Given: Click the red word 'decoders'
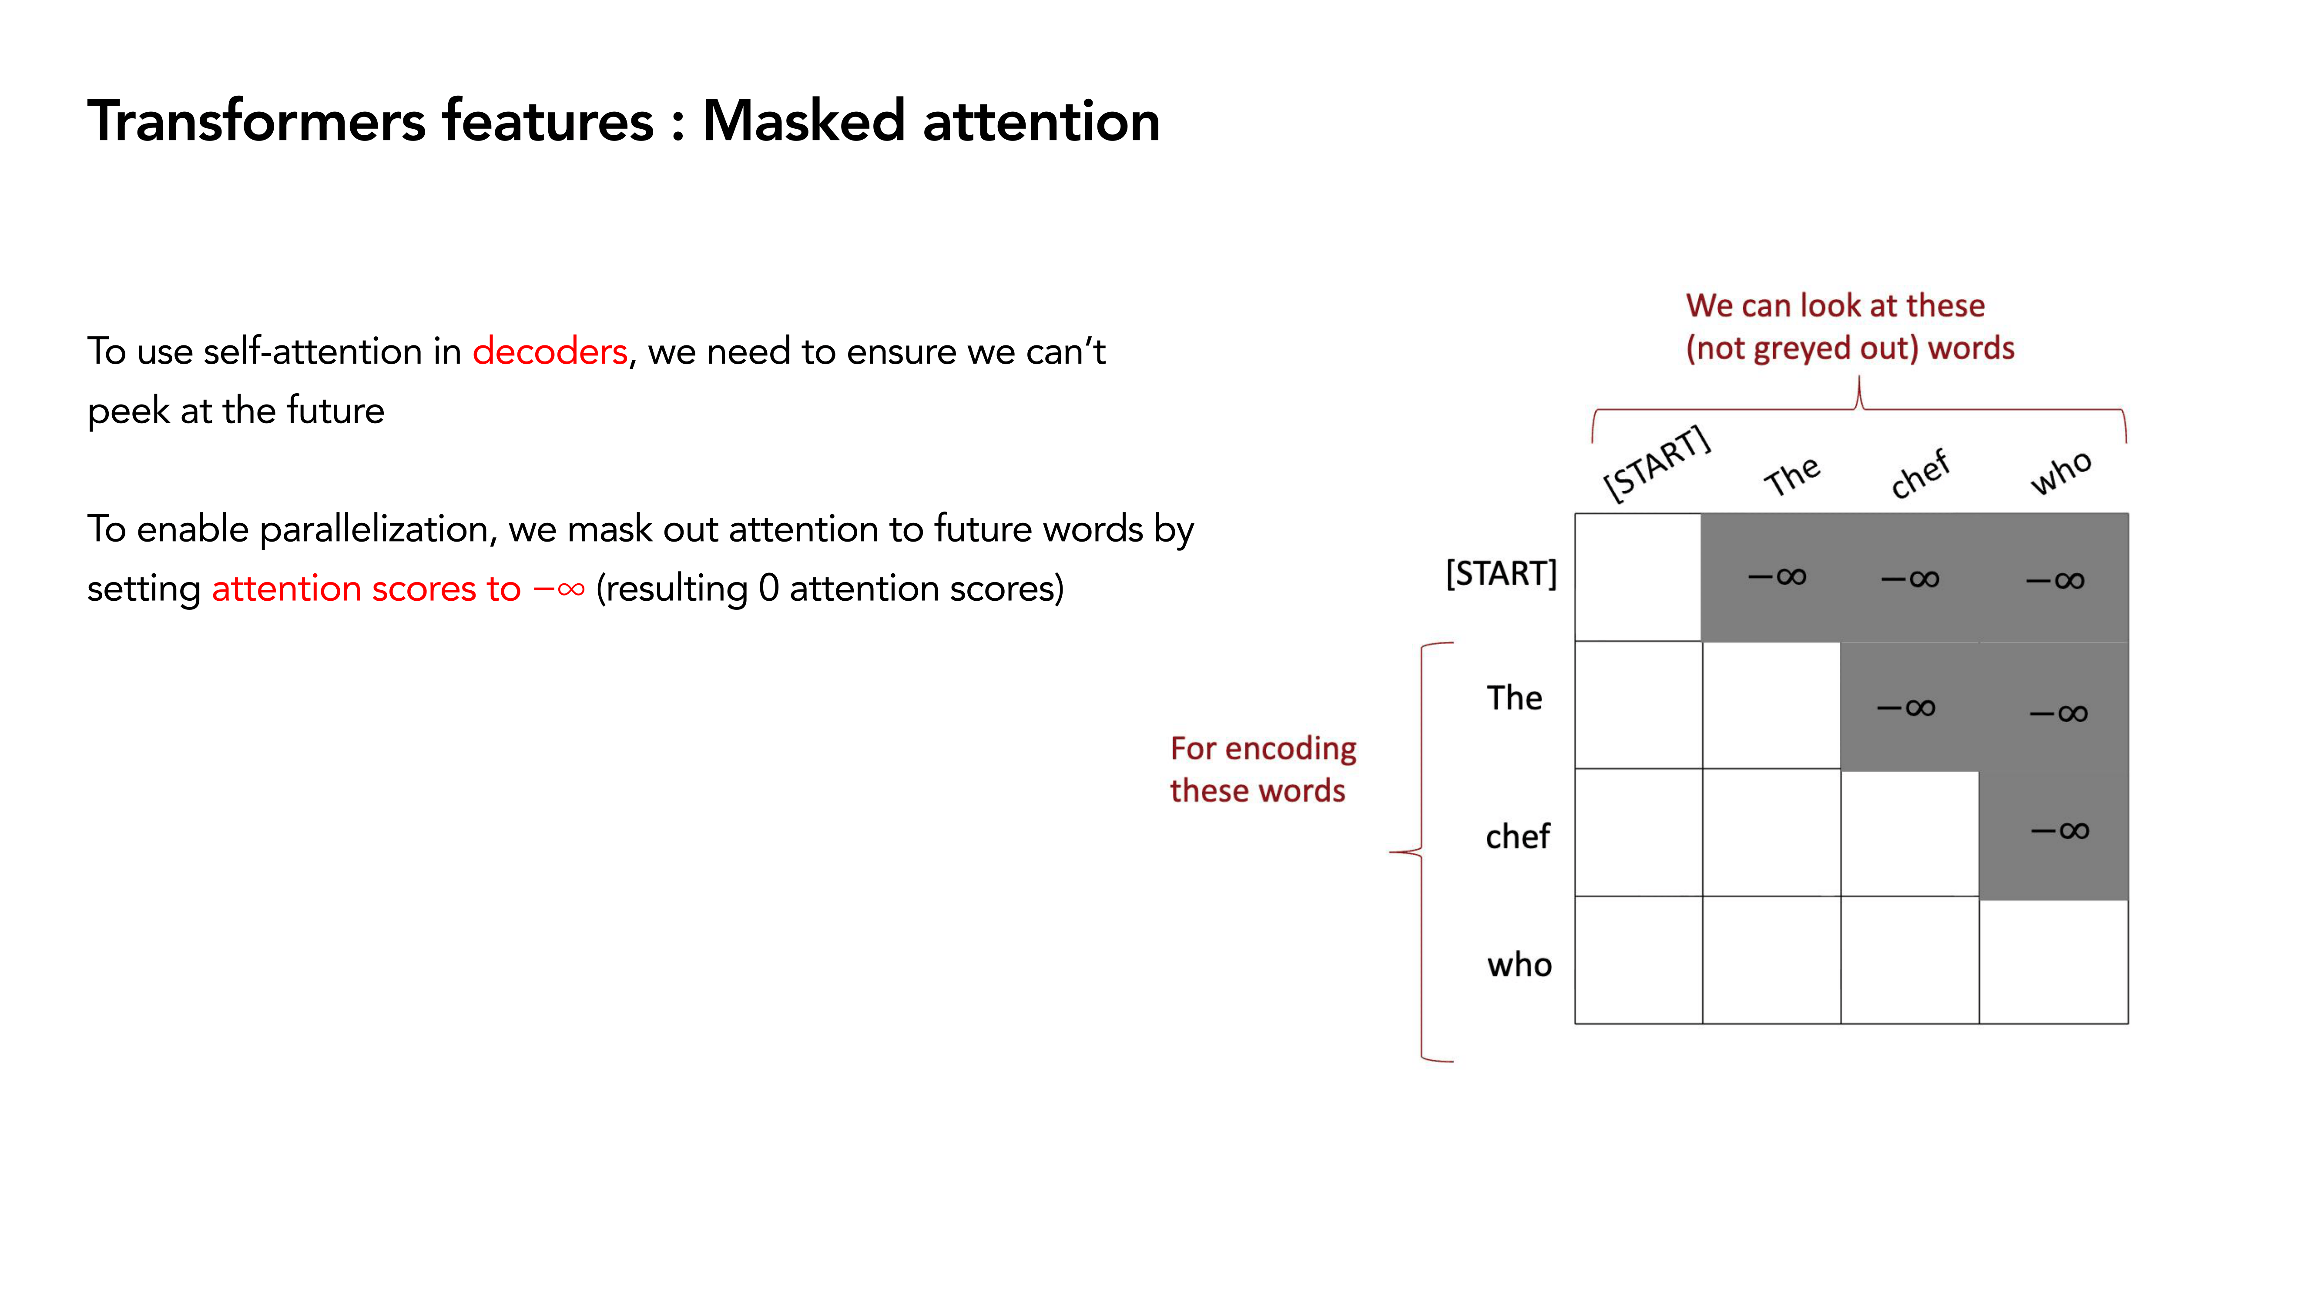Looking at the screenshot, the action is point(550,351).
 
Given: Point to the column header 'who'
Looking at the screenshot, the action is point(2061,472).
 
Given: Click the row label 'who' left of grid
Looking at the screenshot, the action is point(1519,964).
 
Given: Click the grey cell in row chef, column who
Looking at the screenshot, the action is point(2053,834).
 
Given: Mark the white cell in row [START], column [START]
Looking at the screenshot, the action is point(1638,577).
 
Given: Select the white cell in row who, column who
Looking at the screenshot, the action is point(2053,961).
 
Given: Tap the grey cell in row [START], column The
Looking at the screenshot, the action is point(1771,577).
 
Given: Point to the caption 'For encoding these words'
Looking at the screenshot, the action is point(1262,769).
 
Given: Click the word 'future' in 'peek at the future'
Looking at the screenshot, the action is point(335,411).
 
